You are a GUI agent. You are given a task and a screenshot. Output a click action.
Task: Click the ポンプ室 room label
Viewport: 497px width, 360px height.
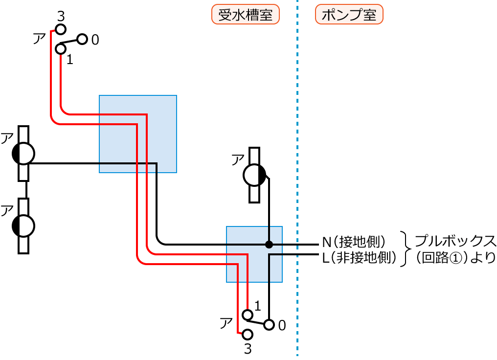tap(349, 15)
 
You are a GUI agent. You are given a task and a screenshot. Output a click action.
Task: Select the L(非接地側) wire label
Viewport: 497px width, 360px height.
tap(359, 257)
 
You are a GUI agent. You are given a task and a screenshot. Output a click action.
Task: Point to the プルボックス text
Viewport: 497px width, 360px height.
tap(455, 241)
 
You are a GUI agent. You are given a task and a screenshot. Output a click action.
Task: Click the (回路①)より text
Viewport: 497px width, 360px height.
tap(455, 257)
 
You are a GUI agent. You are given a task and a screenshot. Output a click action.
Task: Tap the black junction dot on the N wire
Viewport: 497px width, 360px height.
tap(269, 244)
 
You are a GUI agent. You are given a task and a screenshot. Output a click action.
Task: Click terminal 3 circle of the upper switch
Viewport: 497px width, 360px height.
tap(60, 30)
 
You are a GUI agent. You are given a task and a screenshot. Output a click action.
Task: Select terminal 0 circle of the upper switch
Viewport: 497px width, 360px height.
tap(82, 39)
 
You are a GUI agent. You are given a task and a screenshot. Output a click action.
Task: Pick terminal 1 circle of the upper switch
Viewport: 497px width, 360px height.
tap(60, 49)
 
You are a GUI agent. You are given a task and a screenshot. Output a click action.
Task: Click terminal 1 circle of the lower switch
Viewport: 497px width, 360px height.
tap(248, 314)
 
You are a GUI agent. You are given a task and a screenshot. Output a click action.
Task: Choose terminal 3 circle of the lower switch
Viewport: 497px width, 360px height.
tap(248, 335)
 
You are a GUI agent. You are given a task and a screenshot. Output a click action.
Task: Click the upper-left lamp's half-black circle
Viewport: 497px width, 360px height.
tap(23, 154)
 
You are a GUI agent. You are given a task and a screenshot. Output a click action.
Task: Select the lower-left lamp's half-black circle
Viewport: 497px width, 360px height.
tap(23, 225)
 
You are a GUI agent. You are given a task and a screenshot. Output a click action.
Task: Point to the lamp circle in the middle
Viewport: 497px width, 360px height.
tap(254, 175)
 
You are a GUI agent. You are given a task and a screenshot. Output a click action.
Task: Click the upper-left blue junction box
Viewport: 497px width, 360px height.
tap(137, 134)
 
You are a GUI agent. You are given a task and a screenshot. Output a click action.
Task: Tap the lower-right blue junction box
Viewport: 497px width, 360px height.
tap(254, 254)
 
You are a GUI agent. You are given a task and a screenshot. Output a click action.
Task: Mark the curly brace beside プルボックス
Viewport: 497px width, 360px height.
tap(405, 249)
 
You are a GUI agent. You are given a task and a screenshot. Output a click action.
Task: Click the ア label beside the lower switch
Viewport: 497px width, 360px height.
tap(226, 323)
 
